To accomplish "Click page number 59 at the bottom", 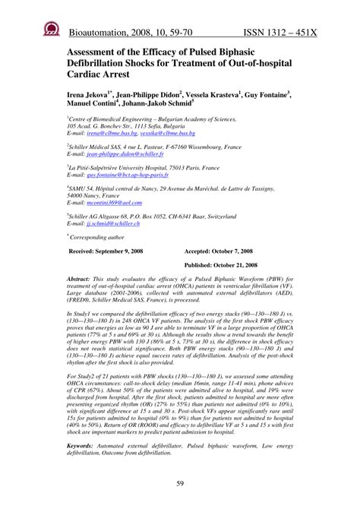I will tap(180, 485).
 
